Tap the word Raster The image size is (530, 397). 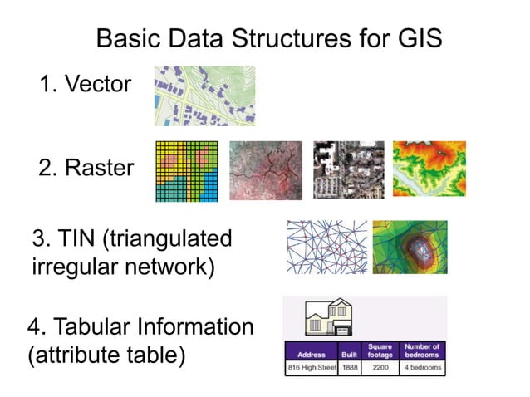point(97,169)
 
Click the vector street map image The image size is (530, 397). point(204,96)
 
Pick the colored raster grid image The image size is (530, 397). point(186,171)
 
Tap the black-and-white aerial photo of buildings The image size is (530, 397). point(348,169)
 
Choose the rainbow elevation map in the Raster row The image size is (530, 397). point(429,169)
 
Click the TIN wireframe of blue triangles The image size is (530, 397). point(326,247)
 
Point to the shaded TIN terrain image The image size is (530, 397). point(410,247)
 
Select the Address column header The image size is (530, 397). point(310,353)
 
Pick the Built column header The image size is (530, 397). point(348,353)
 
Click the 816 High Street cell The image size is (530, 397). point(310,367)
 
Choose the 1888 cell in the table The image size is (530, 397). point(348,367)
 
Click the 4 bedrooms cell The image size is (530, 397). point(422,367)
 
